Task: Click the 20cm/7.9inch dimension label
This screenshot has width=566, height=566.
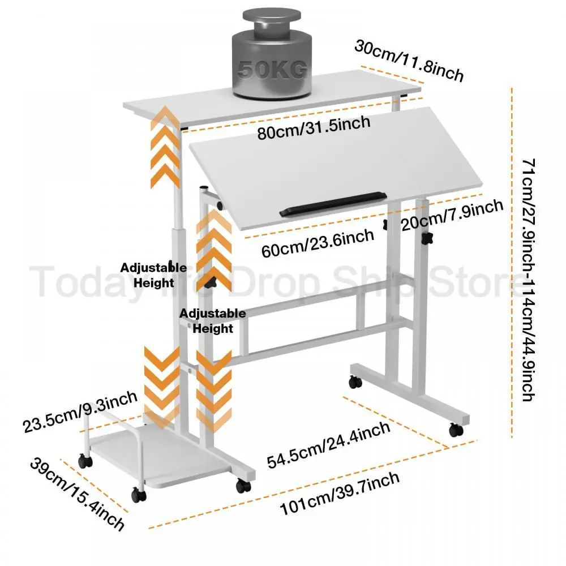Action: pos(452,216)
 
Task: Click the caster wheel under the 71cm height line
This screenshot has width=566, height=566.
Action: pos(456,430)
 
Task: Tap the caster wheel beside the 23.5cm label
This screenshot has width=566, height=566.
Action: pos(85,461)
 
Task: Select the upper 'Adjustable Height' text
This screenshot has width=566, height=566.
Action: pos(152,275)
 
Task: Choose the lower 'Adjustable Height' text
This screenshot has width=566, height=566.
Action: pos(213,321)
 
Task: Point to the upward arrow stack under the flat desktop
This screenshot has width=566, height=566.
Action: pos(165,147)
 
